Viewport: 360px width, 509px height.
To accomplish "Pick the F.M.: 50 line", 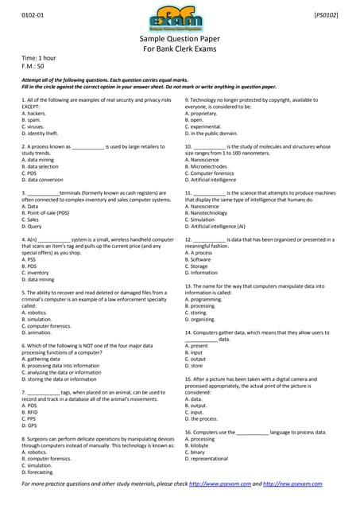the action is (x=33, y=68).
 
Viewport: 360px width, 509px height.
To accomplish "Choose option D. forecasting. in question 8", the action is (x=41, y=472).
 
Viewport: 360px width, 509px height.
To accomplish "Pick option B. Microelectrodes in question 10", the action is (x=211, y=166).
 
